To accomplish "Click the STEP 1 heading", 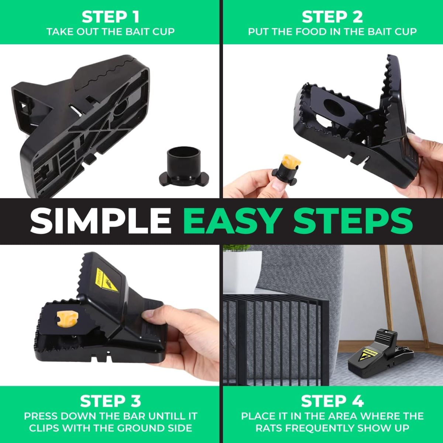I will point(110,17).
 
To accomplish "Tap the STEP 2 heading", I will point(332,17).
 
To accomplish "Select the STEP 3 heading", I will point(110,401).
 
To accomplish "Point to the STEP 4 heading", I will point(332,401).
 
